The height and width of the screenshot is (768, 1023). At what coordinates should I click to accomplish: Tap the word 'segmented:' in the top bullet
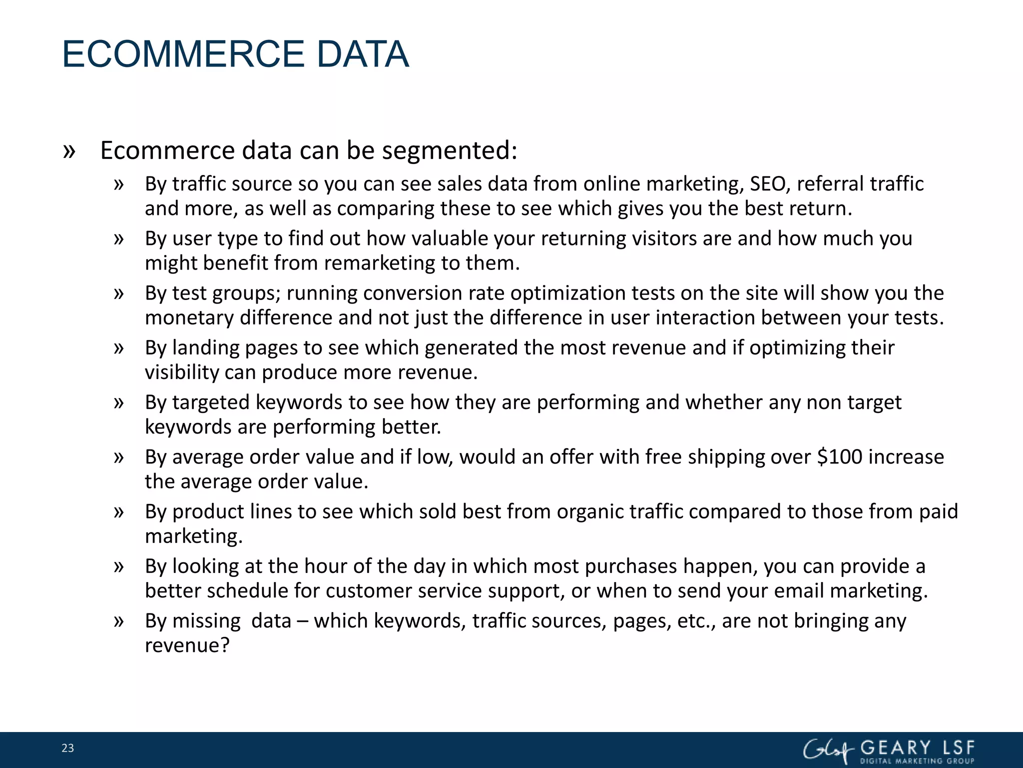(450, 151)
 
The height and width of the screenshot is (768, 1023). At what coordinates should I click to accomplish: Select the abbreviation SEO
(768, 184)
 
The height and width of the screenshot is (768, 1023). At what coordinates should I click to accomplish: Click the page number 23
(67, 748)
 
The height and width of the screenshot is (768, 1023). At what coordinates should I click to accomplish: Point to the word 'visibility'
(182, 372)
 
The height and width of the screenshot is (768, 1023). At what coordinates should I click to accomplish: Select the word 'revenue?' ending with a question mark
(187, 645)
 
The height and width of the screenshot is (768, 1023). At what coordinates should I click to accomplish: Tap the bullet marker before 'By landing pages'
(118, 348)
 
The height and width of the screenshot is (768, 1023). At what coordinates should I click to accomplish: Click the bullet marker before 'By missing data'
(118, 621)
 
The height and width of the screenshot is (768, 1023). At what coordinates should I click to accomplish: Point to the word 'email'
(799, 591)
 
